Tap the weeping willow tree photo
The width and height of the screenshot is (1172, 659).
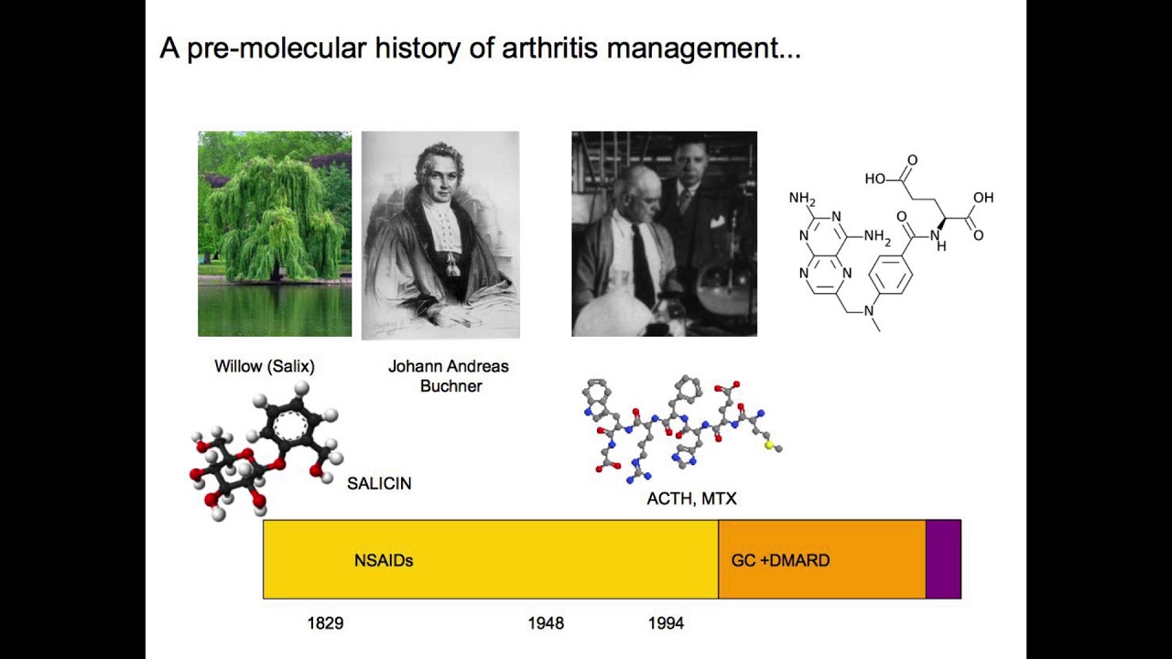(x=275, y=233)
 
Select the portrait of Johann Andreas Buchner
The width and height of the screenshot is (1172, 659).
(x=440, y=234)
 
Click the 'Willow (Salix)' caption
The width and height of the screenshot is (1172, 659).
(x=265, y=366)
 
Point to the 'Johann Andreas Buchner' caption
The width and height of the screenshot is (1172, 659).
(x=449, y=376)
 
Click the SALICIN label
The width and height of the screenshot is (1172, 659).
(x=379, y=483)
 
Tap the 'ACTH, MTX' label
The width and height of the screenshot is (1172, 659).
(x=691, y=499)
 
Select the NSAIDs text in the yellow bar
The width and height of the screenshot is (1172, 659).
(x=384, y=560)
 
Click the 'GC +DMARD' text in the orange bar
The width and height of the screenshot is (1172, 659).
(x=780, y=560)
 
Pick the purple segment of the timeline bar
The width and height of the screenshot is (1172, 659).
(x=943, y=559)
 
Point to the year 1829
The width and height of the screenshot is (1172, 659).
(x=325, y=623)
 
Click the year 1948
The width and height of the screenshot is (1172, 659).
(x=546, y=623)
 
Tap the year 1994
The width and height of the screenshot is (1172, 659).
(x=666, y=623)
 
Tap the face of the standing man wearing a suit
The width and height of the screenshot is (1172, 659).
(x=688, y=164)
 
